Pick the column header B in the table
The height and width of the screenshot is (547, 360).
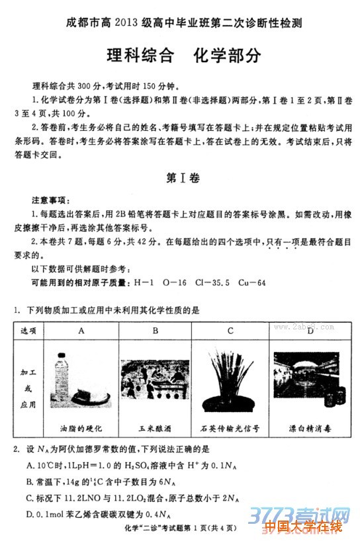click(x=155, y=330)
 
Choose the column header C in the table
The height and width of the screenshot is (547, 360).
click(x=230, y=330)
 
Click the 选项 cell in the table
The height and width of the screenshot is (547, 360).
click(x=28, y=330)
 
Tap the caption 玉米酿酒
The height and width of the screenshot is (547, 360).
click(x=155, y=428)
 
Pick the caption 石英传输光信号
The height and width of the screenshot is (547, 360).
click(x=230, y=428)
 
